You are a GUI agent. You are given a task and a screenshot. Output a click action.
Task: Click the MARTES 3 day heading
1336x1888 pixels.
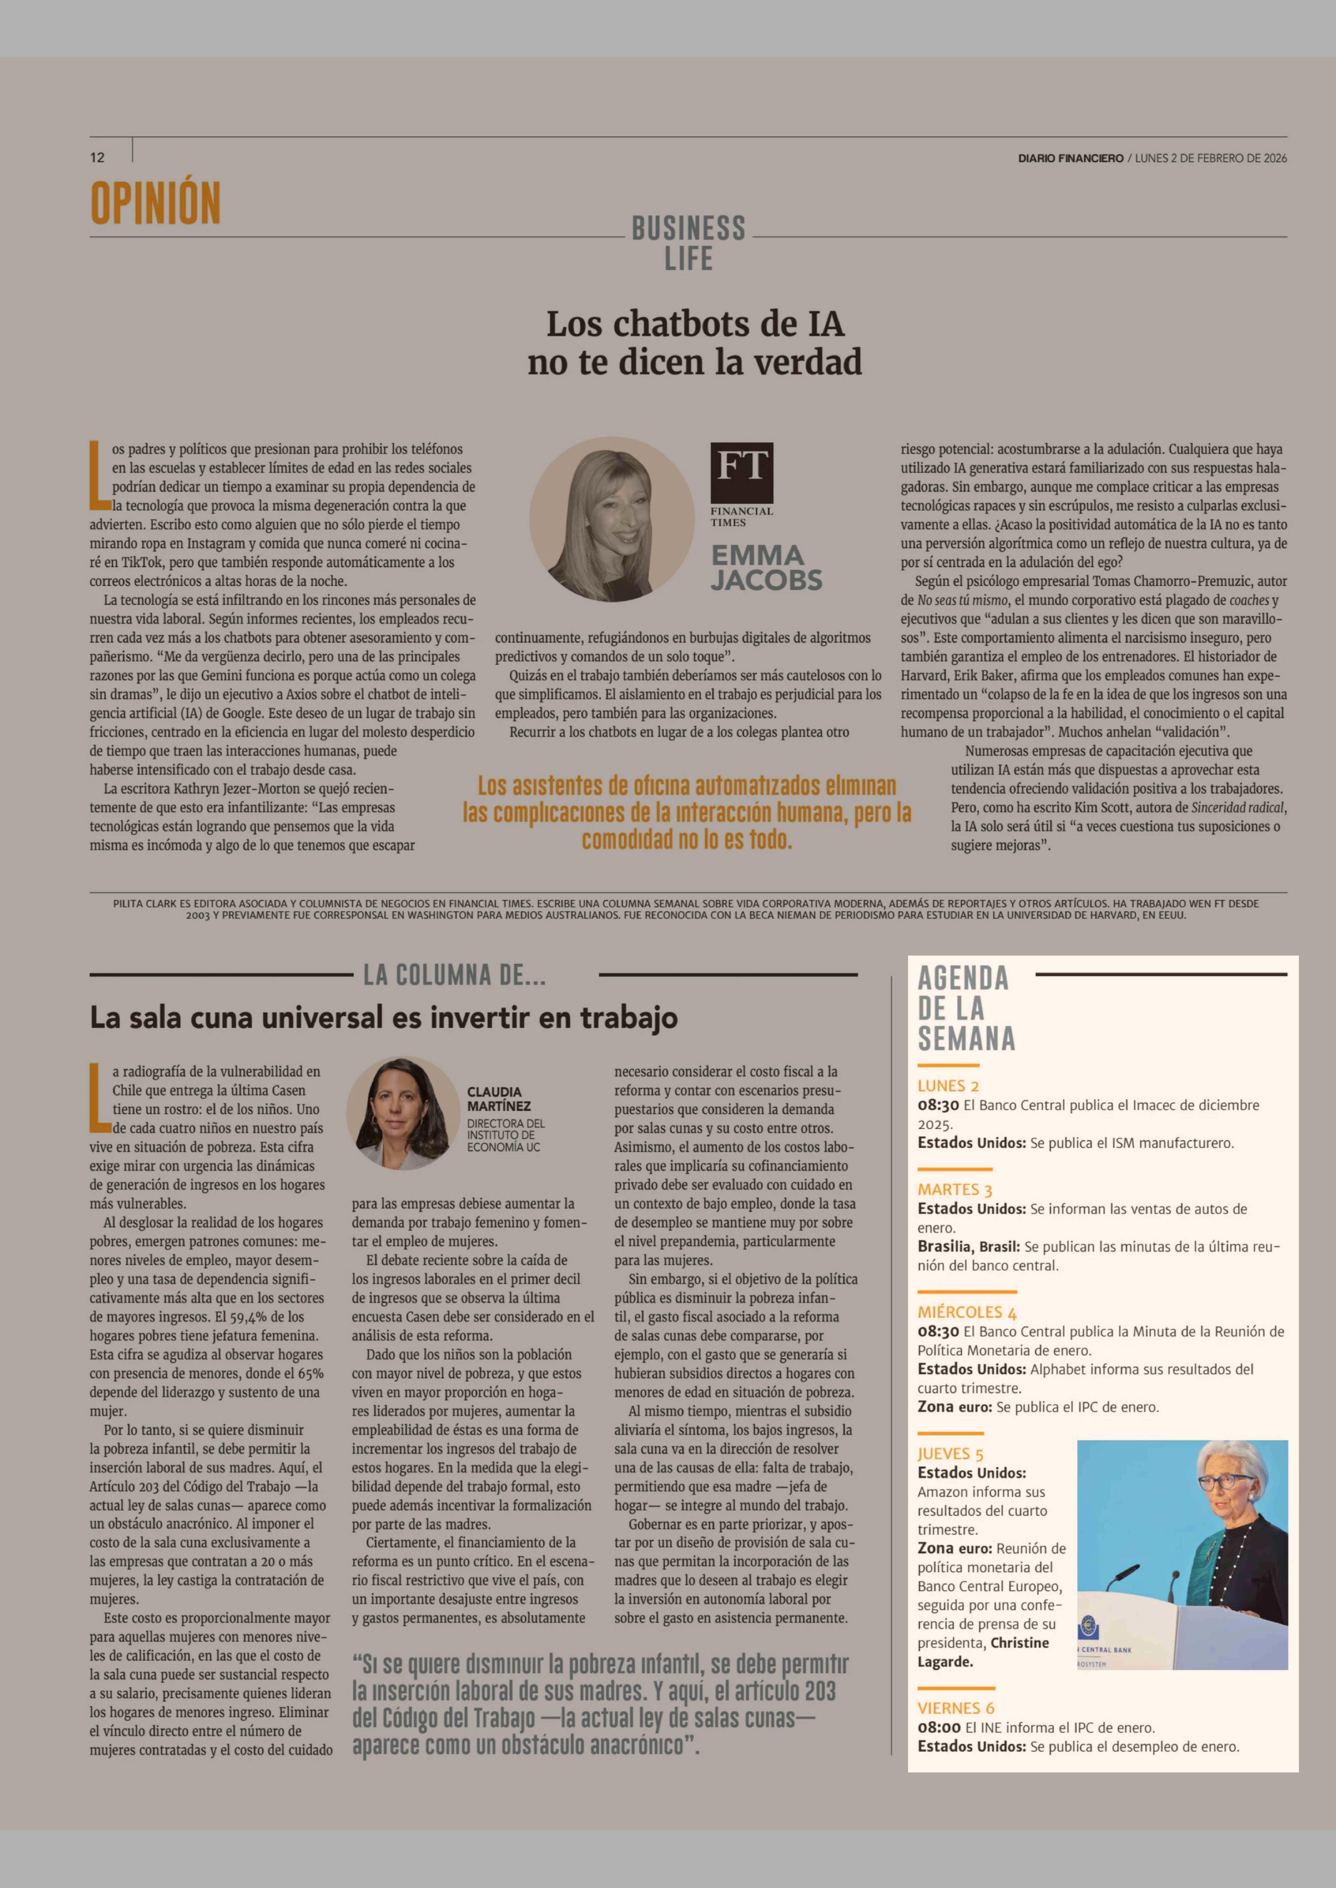(954, 1189)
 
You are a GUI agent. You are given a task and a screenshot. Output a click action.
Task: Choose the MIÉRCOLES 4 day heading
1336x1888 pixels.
(967, 1312)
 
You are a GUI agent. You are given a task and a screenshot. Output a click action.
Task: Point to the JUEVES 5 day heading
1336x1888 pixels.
(950, 1454)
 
